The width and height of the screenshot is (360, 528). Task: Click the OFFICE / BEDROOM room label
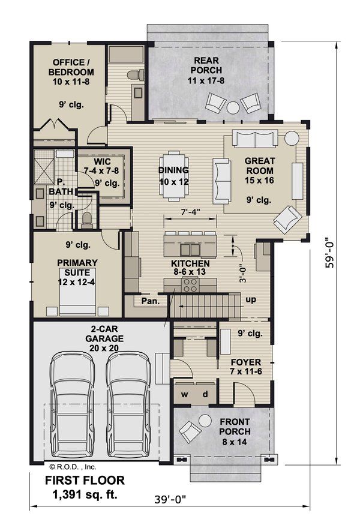tap(71, 67)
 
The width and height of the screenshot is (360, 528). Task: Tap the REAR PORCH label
tap(206, 65)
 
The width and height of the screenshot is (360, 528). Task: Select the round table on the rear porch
tap(233, 107)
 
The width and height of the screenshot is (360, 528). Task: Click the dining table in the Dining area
tap(174, 176)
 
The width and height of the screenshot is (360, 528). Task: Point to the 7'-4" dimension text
tap(191, 212)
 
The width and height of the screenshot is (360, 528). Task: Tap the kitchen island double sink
tap(191, 250)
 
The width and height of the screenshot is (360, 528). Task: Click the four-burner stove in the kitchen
tap(191, 285)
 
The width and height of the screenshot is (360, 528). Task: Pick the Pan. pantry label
tap(150, 301)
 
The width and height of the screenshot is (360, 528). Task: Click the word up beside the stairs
tap(251, 299)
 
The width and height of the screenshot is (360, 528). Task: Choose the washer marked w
tap(184, 394)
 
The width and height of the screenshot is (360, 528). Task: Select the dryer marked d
tap(205, 394)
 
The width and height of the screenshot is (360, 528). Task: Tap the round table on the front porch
tap(204, 421)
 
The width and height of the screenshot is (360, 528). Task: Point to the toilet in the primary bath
tap(87, 220)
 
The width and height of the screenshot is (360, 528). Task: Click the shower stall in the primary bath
tap(44, 167)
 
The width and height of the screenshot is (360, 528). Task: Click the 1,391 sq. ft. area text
tap(85, 494)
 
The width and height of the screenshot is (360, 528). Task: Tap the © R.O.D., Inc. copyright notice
tap(73, 467)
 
